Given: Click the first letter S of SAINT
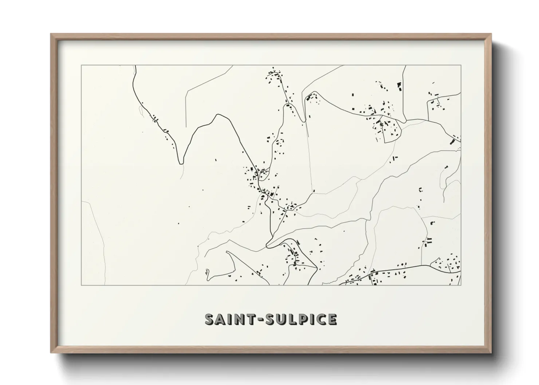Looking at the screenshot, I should click(210, 319).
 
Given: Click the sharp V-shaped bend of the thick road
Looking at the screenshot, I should click(181, 163).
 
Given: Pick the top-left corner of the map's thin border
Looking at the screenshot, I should click(81, 66).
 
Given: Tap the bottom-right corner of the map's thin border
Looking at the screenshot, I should click(461, 285).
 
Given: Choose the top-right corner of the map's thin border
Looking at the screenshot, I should click(461, 66).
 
